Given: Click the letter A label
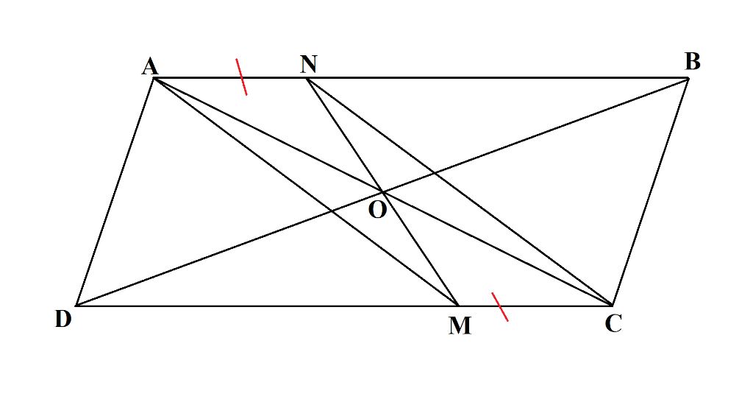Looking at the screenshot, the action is click(x=149, y=67).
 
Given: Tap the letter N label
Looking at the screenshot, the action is click(x=308, y=64).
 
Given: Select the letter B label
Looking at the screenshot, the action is click(x=692, y=62).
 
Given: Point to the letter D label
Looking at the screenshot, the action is click(x=63, y=319).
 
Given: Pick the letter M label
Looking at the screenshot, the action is click(x=460, y=325).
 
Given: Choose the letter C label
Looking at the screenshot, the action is click(x=613, y=323).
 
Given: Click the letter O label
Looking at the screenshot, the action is click(x=376, y=210).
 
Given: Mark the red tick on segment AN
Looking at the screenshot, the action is click(x=241, y=77).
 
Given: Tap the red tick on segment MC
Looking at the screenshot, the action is click(x=500, y=306).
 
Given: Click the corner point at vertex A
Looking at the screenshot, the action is click(x=154, y=77).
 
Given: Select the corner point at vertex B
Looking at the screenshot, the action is click(x=688, y=77).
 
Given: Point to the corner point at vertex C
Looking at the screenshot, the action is click(x=612, y=305).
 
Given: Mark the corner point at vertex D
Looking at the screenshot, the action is click(x=76, y=306).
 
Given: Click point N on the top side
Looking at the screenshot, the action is click(x=306, y=77).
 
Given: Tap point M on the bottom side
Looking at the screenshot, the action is click(x=458, y=305).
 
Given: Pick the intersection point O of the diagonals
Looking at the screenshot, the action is click(x=382, y=191).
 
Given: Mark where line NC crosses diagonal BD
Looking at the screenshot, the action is click(x=433, y=172).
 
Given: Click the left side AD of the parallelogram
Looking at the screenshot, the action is click(x=115, y=191).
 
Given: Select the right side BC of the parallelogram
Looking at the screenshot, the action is click(x=650, y=191).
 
